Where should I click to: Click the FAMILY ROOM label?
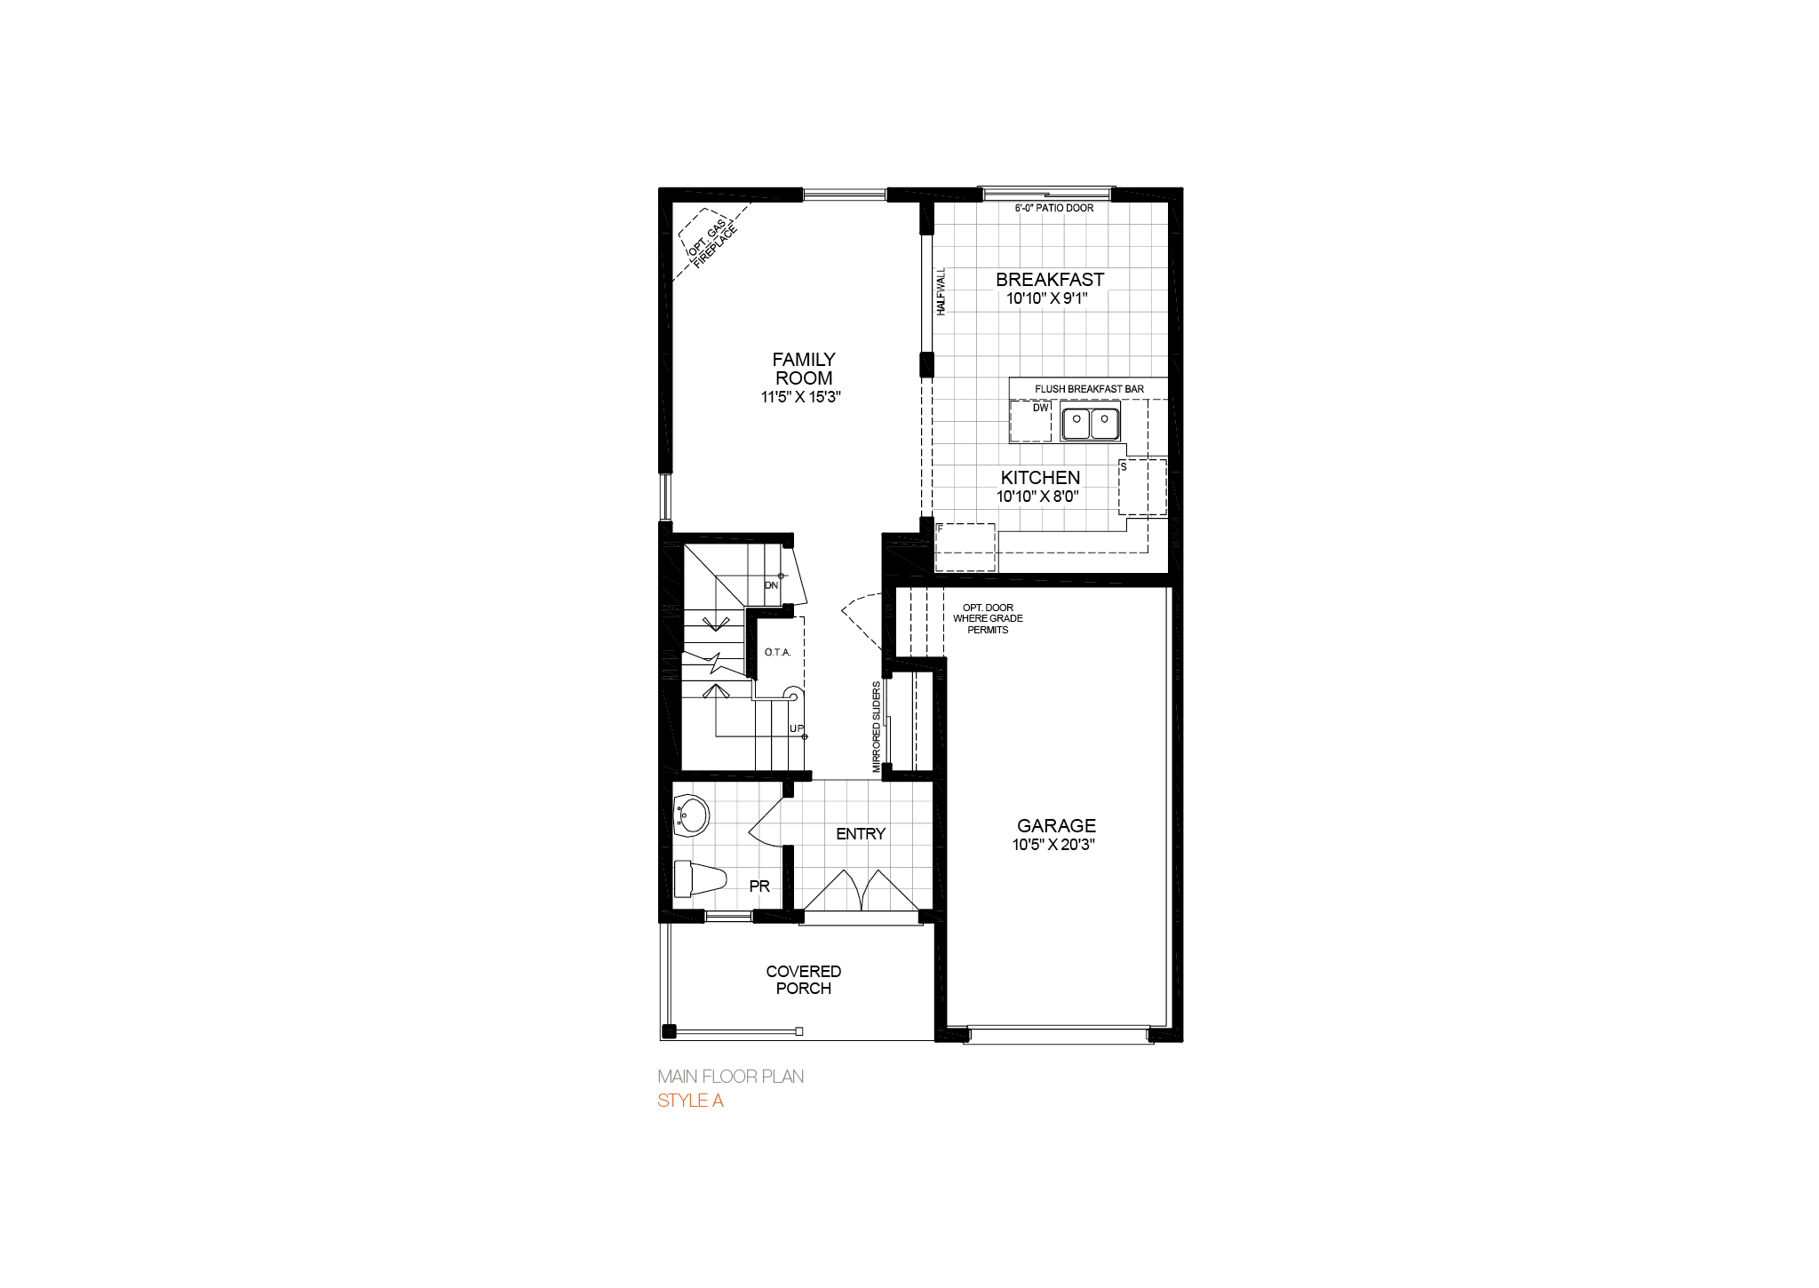pos(804,369)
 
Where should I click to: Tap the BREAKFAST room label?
pos(1050,280)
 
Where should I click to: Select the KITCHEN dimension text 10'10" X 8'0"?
pos(1037,497)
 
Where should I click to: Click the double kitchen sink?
pos(1090,424)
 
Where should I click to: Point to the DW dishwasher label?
pos(1040,408)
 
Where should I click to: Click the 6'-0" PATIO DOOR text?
pos(1054,208)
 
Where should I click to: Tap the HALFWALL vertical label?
pos(941,291)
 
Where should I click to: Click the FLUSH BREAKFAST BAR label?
pos(1089,389)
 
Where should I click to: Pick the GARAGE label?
pos(1056,825)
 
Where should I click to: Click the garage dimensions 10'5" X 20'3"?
pos(1053,845)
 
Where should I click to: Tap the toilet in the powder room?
pos(697,879)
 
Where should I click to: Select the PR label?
pos(759,886)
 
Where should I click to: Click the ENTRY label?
pos(861,833)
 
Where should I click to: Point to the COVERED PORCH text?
pos(803,980)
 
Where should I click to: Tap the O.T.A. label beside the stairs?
pos(777,652)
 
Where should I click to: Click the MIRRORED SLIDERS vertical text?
pos(877,727)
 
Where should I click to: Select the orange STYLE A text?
pos(690,1101)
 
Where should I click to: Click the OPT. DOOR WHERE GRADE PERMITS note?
pos(988,618)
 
